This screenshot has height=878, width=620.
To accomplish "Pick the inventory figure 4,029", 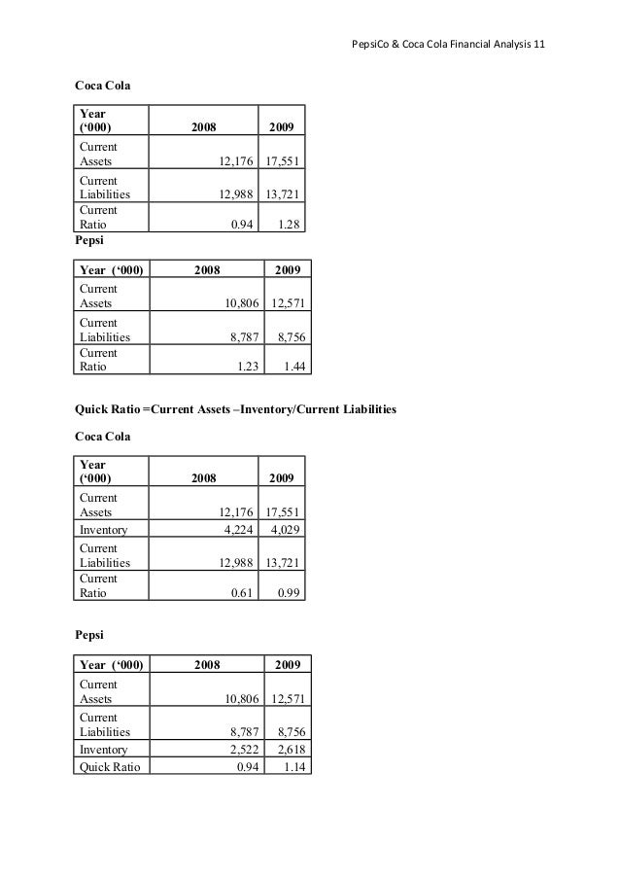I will click(286, 529).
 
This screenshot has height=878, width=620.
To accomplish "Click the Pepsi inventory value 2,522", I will click(242, 749).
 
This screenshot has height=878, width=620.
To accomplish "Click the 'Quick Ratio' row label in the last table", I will click(110, 766).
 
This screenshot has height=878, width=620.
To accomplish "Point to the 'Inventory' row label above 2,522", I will click(105, 749).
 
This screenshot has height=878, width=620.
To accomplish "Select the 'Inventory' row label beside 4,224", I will click(105, 529).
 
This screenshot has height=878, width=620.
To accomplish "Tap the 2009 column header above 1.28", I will click(282, 126).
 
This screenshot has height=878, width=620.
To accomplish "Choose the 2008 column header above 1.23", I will click(207, 269).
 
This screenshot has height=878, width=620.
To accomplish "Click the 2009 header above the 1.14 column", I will click(287, 665).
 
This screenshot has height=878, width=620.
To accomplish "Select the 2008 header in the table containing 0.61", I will click(203, 477).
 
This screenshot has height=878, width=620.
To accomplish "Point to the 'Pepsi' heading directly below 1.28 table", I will click(89, 237).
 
